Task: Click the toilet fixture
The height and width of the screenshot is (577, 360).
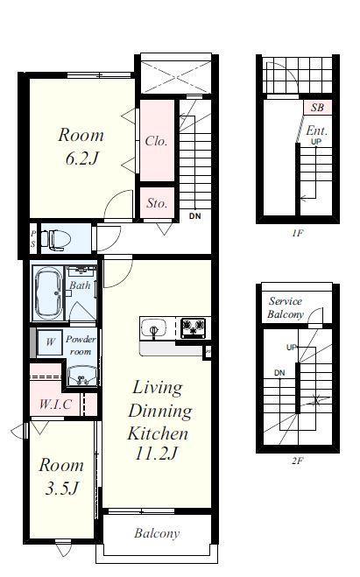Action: (55, 239)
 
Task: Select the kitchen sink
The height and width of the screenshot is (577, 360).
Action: (154, 327)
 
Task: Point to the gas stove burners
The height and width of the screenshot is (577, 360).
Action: (194, 327)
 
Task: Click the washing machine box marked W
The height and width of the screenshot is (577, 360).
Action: (50, 341)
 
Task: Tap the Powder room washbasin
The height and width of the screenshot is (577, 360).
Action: (82, 376)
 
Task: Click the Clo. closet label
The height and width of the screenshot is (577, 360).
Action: (157, 141)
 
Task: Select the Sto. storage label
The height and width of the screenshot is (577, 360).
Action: (157, 203)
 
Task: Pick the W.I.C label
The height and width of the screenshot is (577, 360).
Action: (55, 404)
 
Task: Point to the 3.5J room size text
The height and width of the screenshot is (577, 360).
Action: (62, 488)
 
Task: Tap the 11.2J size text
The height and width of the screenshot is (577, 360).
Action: (157, 453)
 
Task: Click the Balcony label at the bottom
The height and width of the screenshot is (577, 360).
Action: (157, 533)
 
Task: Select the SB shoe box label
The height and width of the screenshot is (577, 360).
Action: (317, 107)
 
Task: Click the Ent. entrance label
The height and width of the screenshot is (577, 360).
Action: (317, 130)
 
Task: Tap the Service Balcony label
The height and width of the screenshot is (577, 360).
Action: (286, 307)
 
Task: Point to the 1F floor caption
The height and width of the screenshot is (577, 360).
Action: (298, 233)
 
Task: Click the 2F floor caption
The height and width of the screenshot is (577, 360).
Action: (297, 460)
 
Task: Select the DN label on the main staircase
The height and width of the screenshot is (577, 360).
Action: (195, 216)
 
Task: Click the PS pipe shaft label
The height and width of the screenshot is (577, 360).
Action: (33, 238)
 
